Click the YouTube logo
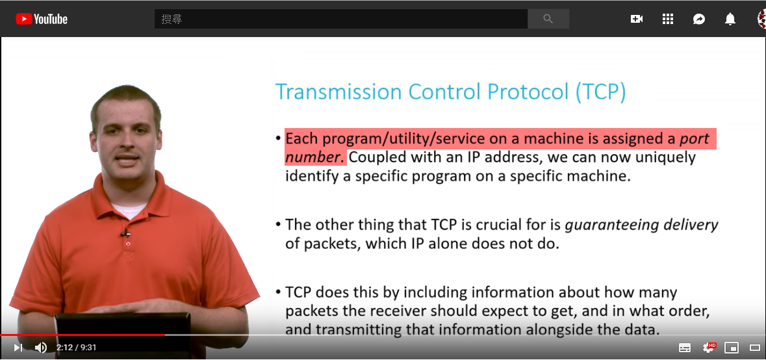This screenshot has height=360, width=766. (42, 19)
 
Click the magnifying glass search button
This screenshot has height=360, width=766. (548, 19)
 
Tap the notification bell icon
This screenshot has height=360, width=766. (730, 19)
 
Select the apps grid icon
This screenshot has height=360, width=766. (668, 19)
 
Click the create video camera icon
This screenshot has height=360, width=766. (637, 19)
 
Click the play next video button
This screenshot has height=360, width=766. (18, 347)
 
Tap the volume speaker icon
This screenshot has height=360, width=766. (41, 347)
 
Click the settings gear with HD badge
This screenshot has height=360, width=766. (708, 347)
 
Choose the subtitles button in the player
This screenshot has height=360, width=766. (685, 348)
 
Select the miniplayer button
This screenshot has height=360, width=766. (732, 348)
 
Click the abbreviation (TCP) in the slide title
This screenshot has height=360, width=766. (600, 92)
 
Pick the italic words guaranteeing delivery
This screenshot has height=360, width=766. (641, 225)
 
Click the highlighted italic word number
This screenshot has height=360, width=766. (312, 157)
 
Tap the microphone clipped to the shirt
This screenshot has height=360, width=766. (125, 233)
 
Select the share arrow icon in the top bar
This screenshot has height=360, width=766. (699, 19)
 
